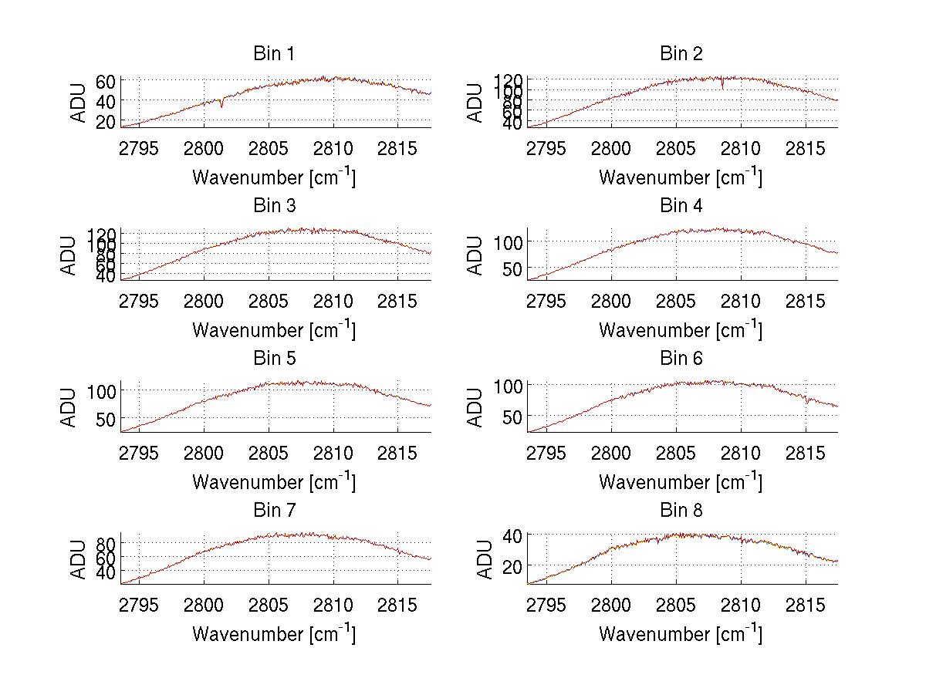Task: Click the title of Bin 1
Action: [x=274, y=54]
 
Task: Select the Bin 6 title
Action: [x=681, y=359]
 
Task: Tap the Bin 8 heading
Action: [x=681, y=511]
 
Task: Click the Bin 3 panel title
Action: [x=274, y=206]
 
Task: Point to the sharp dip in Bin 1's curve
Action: [x=221, y=106]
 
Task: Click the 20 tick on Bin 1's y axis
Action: [x=106, y=121]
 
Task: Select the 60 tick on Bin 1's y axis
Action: [x=106, y=81]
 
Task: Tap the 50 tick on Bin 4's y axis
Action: [x=512, y=268]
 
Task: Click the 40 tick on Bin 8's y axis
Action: [x=513, y=535]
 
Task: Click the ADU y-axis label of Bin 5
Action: [x=69, y=407]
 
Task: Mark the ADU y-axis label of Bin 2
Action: [x=476, y=103]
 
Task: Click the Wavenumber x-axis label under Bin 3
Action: [x=274, y=329]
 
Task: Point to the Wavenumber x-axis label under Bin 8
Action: [x=681, y=633]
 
